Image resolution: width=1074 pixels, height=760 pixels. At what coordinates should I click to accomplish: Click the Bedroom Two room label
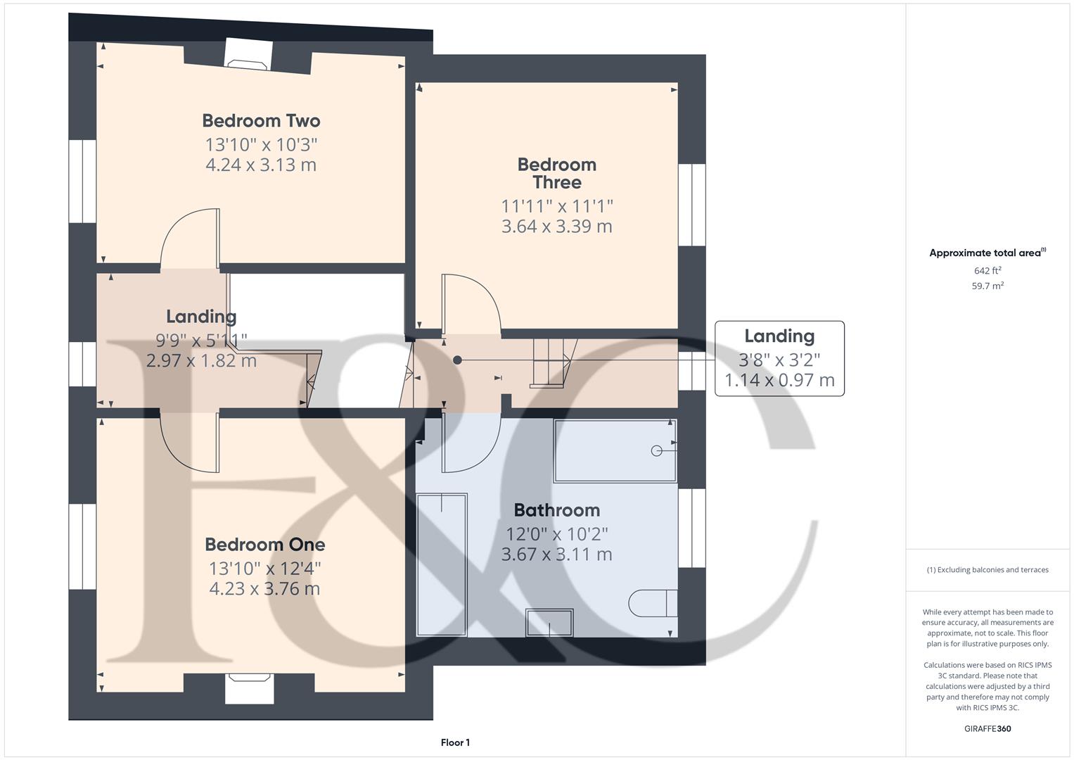(261, 121)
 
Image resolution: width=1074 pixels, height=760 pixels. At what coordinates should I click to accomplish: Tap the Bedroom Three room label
(556, 173)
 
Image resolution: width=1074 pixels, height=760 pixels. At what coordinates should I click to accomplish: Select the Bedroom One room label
(264, 545)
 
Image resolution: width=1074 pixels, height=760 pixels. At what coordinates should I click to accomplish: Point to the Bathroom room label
(556, 510)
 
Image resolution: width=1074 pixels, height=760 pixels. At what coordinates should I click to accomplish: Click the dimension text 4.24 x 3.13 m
(261, 165)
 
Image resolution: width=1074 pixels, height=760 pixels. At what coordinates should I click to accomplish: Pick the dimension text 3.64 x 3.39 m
(556, 227)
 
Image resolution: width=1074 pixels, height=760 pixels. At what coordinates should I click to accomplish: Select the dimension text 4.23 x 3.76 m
(264, 588)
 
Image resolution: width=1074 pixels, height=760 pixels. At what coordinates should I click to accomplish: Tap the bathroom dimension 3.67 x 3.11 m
(556, 554)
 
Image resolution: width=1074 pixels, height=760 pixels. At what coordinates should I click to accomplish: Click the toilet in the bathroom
(652, 603)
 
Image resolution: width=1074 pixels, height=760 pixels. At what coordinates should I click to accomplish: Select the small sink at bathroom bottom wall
(549, 622)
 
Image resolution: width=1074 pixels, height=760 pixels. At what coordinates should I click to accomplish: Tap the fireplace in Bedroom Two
(249, 55)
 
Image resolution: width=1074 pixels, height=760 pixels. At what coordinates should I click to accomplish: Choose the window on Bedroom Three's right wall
(691, 205)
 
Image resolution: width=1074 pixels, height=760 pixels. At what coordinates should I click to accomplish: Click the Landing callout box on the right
(779, 358)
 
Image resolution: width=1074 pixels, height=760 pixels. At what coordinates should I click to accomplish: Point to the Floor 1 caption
(455, 742)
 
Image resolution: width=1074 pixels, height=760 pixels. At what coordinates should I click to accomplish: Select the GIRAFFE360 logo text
(987, 728)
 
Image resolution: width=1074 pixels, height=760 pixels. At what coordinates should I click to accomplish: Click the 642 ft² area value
(987, 271)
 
